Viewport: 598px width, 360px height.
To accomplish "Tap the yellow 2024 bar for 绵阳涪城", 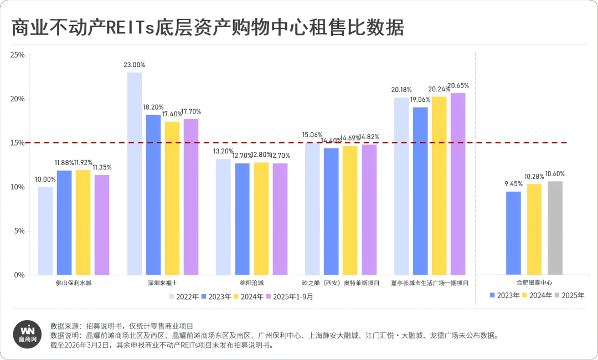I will click(261, 219).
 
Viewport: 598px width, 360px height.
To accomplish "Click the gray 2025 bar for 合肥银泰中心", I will click(555, 228).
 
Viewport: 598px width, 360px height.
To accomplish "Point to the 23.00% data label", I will click(135, 65).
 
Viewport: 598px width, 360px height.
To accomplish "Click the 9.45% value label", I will click(513, 184).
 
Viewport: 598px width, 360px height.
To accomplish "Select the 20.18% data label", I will click(401, 90).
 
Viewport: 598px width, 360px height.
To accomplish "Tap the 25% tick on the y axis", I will click(17, 55).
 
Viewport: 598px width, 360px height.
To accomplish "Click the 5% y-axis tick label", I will click(19, 231).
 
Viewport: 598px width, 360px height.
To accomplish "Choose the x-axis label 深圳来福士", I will click(163, 283).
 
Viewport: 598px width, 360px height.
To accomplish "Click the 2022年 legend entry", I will click(184, 296).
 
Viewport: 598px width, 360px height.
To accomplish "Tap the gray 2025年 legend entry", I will click(569, 295).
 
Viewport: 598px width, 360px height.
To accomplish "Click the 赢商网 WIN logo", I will click(25, 333).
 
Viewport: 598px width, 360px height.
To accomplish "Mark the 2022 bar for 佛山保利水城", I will click(45, 231).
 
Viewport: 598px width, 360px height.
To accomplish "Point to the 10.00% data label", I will click(45, 179).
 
